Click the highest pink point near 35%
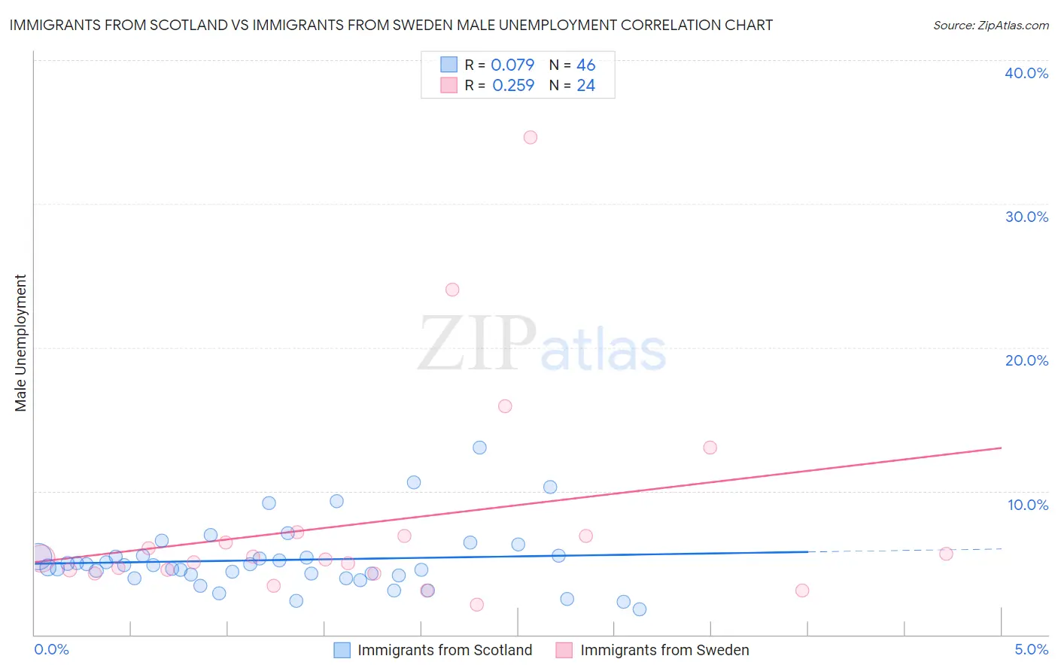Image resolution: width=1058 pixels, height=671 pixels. point(531,137)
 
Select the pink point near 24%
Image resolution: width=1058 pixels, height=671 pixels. point(452,290)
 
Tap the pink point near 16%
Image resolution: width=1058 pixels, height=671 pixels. point(505,406)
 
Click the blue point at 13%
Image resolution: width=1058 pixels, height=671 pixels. point(479,448)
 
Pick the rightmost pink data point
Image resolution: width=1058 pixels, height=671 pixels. point(946,554)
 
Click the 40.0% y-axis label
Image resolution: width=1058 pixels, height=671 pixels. point(1026,73)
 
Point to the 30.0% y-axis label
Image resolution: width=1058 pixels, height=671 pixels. point(1026,217)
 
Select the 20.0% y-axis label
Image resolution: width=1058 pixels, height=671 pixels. point(1026,360)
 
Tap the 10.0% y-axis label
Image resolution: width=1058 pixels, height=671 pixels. point(1028,505)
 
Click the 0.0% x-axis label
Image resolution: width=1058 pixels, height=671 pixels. point(51,649)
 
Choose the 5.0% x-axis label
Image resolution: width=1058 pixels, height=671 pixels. point(1031,649)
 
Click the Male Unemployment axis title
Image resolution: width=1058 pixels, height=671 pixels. point(20,343)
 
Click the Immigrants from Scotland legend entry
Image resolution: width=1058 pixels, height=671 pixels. point(444,650)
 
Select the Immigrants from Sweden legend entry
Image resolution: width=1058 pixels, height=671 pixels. point(664,650)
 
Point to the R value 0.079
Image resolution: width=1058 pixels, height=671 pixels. point(512,65)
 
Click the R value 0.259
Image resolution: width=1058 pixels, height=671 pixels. point(513,85)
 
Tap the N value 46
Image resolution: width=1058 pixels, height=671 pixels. point(585,65)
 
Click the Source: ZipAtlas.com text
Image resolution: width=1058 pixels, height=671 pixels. point(990,25)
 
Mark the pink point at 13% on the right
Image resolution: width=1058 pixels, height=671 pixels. point(710,448)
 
